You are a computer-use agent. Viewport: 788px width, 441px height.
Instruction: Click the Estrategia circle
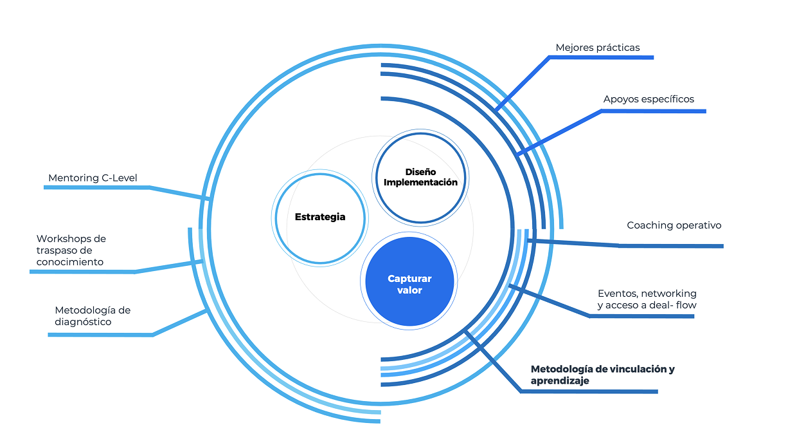click(320, 217)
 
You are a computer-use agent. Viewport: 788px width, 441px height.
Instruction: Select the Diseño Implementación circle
click(420, 177)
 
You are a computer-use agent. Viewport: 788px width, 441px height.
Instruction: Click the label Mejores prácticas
click(597, 48)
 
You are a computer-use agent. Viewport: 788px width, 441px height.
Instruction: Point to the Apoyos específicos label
click(649, 99)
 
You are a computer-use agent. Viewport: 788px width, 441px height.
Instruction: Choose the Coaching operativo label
click(674, 225)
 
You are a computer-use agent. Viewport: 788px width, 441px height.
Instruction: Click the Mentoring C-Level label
click(93, 178)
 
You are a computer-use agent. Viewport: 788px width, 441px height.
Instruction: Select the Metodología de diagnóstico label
click(93, 315)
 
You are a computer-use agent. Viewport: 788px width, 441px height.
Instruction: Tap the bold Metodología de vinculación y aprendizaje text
click(602, 375)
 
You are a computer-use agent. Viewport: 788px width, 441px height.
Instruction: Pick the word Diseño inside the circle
click(420, 172)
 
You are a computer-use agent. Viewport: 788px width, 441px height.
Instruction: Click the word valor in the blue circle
click(409, 290)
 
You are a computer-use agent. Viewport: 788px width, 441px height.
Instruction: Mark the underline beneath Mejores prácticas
click(601, 57)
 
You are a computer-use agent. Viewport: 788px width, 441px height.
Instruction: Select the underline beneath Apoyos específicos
click(653, 111)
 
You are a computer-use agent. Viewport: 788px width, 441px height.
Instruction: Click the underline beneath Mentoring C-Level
click(96, 187)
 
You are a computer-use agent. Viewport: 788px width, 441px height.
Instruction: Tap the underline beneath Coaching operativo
click(671, 246)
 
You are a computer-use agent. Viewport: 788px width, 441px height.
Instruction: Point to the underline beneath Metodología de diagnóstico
click(100, 335)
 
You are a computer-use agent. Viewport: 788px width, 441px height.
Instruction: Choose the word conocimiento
click(69, 262)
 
